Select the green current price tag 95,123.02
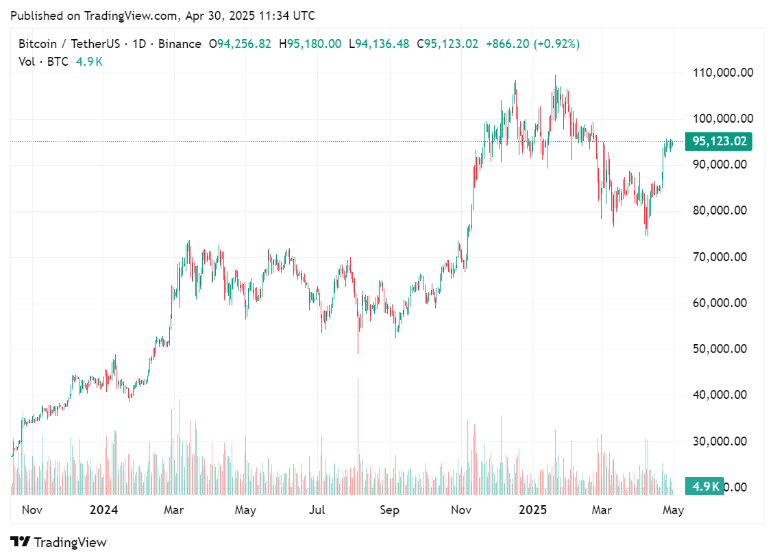pos(719,142)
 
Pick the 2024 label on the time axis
pos(104,510)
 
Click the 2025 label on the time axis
pos(532,510)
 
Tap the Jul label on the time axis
pos(317,510)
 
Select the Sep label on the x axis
pos(389,510)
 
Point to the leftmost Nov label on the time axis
pos(32,510)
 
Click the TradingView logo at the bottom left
pos(59,542)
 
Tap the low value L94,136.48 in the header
pos(379,44)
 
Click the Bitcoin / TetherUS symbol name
pos(68,44)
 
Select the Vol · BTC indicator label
pos(44,62)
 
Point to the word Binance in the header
pos(180,44)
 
